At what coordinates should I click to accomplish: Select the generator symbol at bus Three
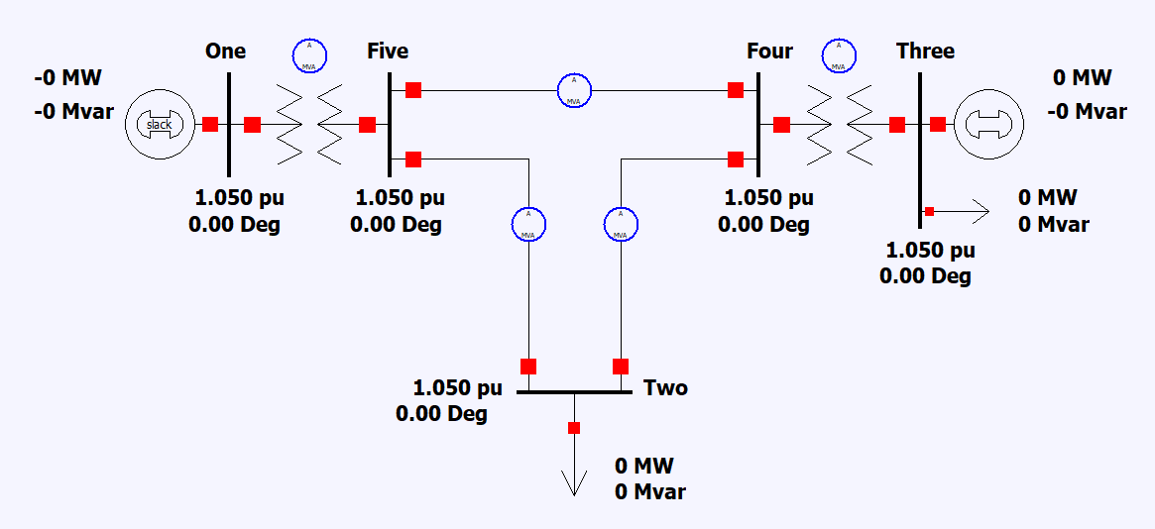[x=988, y=124]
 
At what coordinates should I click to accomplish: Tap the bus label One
[x=226, y=52]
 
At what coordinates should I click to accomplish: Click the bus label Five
[x=387, y=52]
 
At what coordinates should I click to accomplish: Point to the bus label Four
[x=769, y=52]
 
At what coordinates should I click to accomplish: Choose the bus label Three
[x=925, y=52]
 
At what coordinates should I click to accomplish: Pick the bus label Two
[x=665, y=387]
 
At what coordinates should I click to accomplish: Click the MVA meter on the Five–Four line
[x=574, y=90]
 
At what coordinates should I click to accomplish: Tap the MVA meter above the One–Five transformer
[x=308, y=55]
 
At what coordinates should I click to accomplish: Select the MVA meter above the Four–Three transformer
[x=839, y=55]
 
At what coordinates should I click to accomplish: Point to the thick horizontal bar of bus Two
[x=574, y=391]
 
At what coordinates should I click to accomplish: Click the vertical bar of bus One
[x=229, y=124]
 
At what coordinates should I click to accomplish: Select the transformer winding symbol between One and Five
[x=308, y=124]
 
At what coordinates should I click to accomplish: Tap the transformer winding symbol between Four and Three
[x=839, y=124]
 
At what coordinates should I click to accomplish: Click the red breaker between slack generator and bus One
[x=210, y=124]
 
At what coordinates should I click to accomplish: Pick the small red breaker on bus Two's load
[x=573, y=428]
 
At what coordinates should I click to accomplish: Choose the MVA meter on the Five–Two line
[x=528, y=224]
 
